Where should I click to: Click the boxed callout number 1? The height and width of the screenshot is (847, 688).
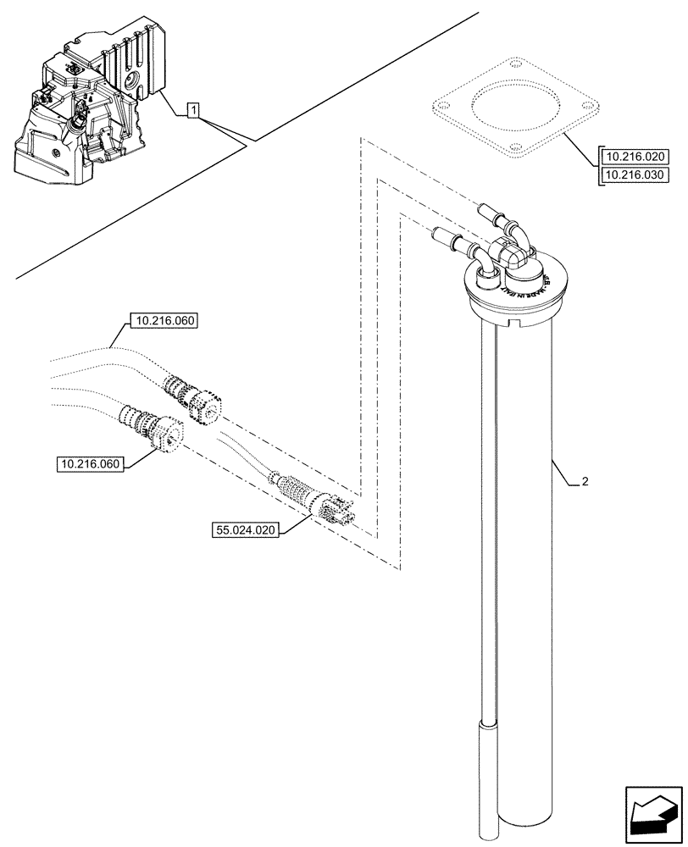194,109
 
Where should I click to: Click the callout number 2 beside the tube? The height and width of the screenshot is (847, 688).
585,482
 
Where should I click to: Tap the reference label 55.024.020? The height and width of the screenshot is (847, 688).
247,530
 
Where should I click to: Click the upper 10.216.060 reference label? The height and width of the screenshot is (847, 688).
162,321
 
